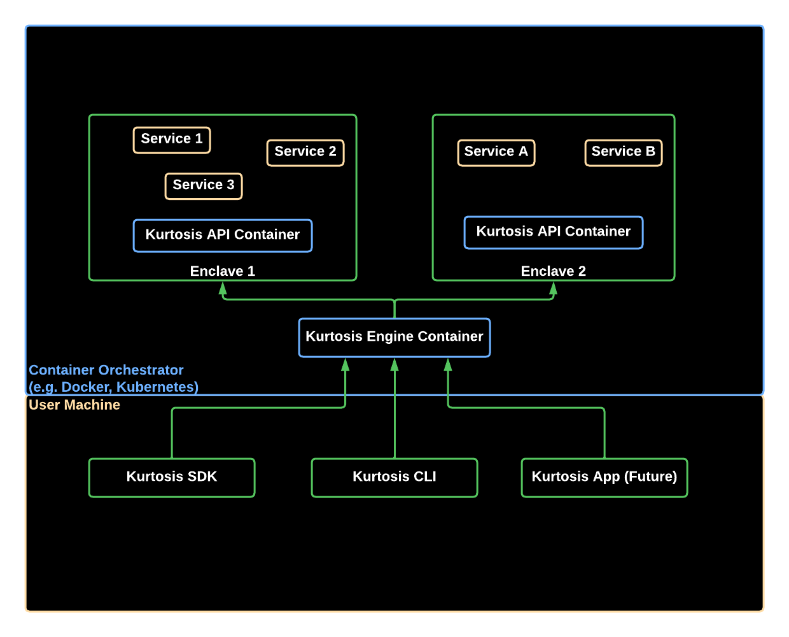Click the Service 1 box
[172, 140]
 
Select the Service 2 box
[305, 152]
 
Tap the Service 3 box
[204, 185]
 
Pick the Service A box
[496, 152]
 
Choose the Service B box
[624, 152]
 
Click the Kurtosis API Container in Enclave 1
[223, 235]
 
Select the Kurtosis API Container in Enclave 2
[554, 232]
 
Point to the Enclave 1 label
[223, 271]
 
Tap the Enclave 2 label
[554, 271]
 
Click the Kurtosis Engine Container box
[394, 337]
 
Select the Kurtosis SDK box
[172, 477]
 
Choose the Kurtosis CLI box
[394, 477]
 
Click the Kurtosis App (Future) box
[604, 477]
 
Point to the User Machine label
[74, 405]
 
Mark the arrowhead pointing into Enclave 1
[223, 289]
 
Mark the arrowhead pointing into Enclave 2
[554, 289]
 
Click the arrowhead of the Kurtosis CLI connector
[394, 365]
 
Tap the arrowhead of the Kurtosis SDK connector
[346, 365]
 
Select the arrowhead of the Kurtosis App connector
[448, 365]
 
